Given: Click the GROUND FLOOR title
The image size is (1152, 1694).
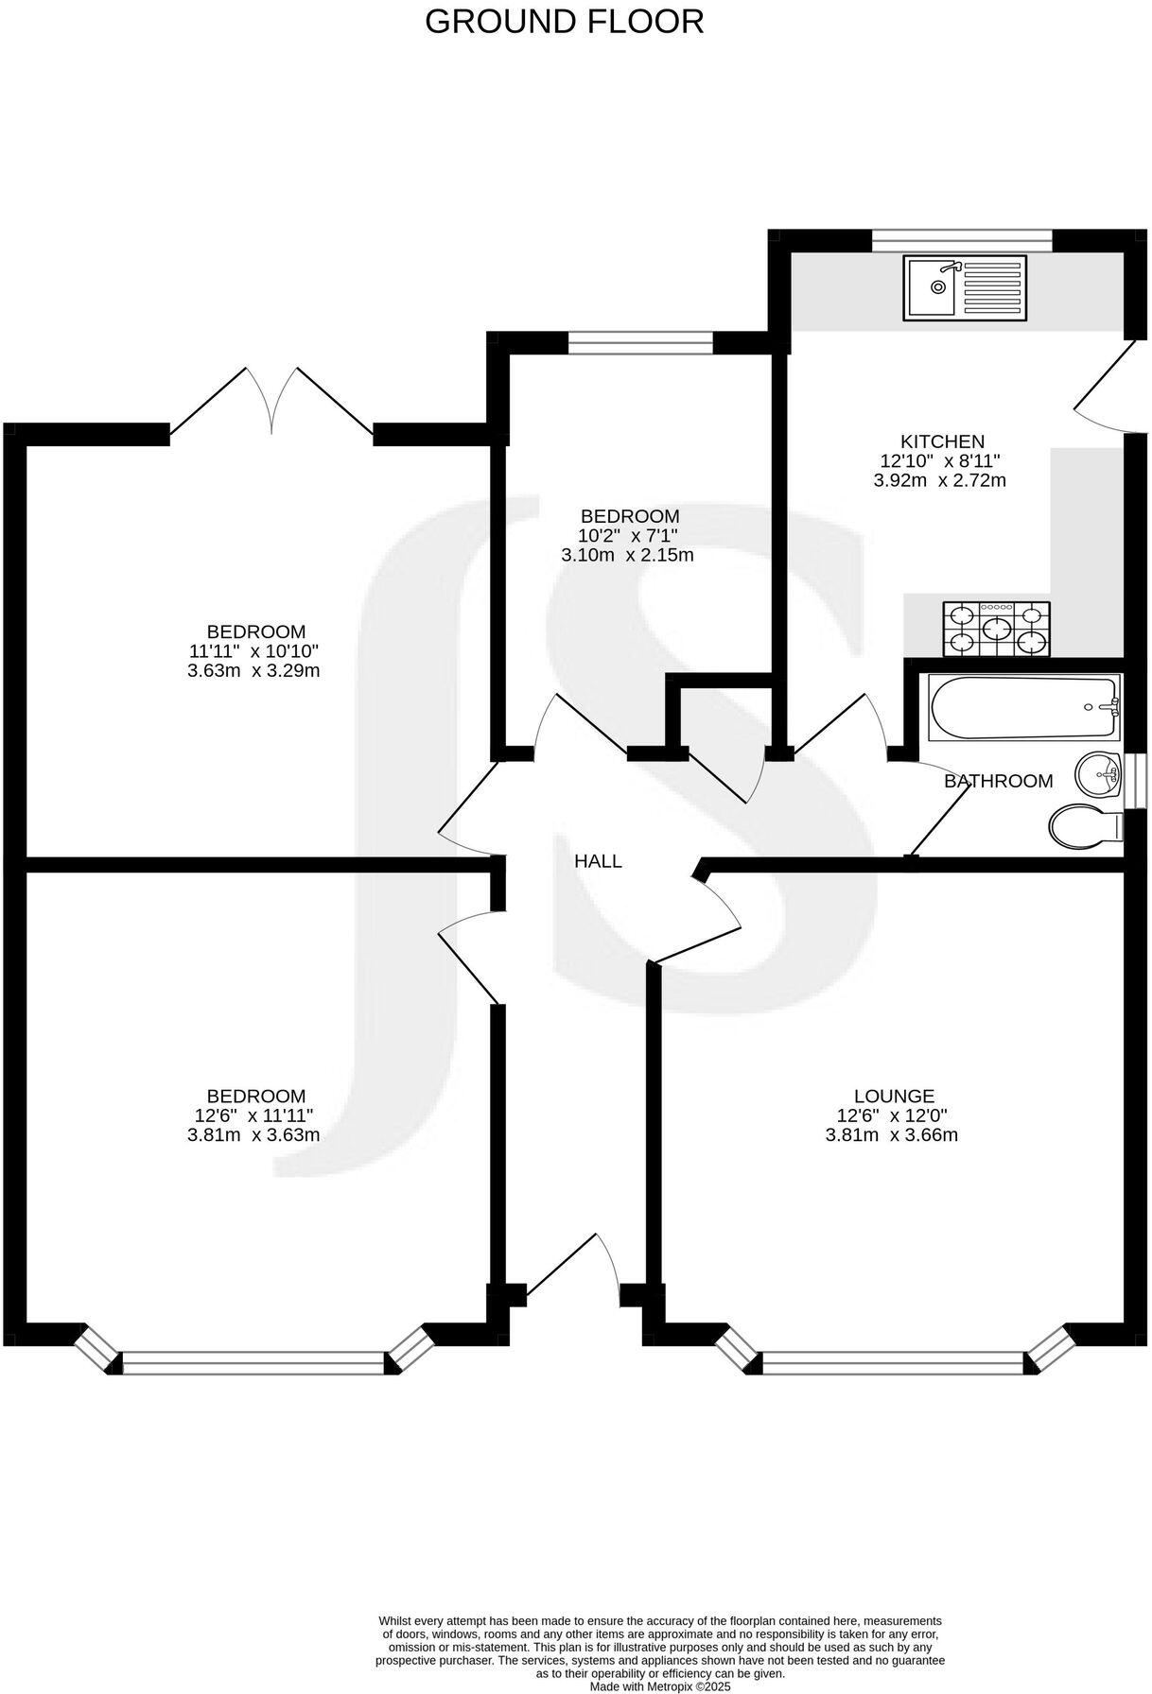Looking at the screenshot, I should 564,21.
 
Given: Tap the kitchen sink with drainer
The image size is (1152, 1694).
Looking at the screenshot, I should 964,286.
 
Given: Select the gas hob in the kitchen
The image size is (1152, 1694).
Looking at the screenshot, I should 996,629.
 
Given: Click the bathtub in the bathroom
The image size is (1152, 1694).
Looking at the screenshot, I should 1024,708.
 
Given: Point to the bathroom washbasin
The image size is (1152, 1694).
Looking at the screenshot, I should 1100,775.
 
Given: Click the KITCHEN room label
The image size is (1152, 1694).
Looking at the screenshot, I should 942,441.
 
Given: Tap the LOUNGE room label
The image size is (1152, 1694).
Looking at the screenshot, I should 893,1096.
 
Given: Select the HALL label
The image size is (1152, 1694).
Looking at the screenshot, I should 599,861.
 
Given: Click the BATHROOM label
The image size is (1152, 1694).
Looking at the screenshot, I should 998,781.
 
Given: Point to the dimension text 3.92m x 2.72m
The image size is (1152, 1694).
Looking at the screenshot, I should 939,480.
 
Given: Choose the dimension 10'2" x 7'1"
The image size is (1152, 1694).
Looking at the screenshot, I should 629,536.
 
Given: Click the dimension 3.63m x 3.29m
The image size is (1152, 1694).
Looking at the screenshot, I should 253,671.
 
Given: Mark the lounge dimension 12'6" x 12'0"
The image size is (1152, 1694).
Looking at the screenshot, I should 893,1115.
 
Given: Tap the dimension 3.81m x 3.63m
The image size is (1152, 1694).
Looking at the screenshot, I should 253,1134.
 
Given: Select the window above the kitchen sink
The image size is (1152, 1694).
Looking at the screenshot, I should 961,242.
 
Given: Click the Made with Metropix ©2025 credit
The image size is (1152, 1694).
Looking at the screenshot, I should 660,1685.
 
